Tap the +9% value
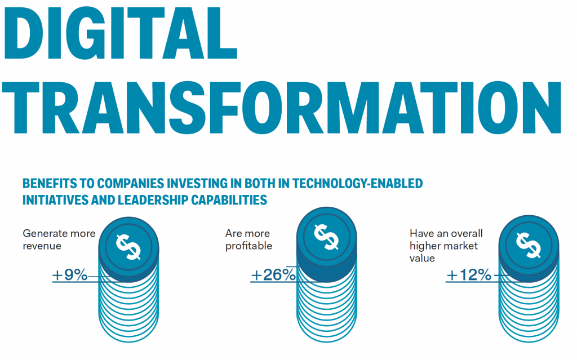(70, 275)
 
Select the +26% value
(273, 275)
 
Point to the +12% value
(469, 275)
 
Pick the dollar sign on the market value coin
(528, 243)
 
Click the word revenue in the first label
(42, 246)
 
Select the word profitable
(248, 246)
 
